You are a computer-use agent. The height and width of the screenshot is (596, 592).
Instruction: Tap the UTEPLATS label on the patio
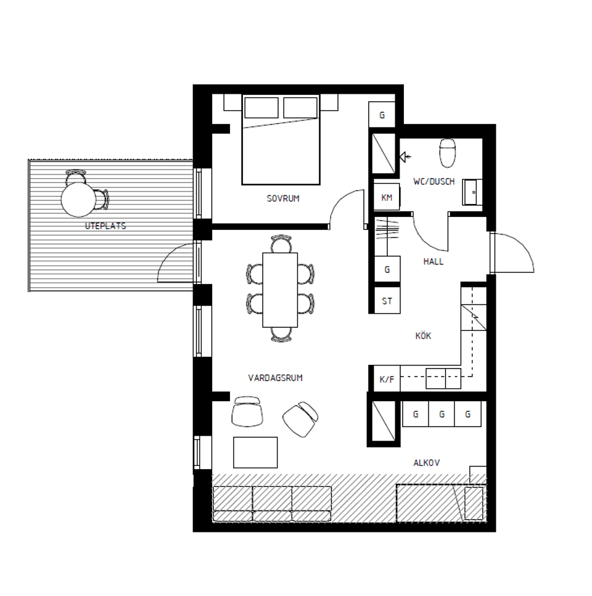point(105,226)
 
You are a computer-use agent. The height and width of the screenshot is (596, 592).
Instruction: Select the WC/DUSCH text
point(434,181)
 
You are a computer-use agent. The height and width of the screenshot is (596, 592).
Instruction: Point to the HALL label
point(434,261)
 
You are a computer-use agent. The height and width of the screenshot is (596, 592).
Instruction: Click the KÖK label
point(423,336)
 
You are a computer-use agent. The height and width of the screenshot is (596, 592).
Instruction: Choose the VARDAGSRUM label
point(275,378)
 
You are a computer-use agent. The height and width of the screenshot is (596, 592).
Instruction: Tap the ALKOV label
point(427,462)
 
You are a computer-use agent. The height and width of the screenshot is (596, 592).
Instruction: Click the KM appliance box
point(387,198)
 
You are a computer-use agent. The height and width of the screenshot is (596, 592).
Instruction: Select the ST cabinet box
point(387,301)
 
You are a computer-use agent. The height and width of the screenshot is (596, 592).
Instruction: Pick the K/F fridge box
point(387,380)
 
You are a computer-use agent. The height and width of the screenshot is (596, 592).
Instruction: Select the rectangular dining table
point(280,290)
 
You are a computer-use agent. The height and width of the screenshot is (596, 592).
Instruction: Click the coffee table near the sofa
point(255,452)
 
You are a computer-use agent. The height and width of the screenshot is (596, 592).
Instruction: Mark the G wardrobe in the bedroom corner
point(382,115)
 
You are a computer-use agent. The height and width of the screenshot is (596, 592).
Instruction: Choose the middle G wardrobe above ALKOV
point(442,414)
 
